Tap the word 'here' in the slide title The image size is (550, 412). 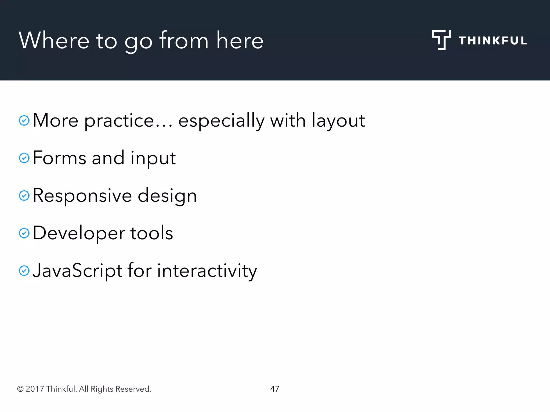click(x=240, y=41)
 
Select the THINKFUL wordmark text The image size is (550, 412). click(x=493, y=41)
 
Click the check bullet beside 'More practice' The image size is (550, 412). click(x=24, y=120)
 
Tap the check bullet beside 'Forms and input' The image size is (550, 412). click(x=24, y=158)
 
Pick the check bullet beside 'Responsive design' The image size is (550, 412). click(x=24, y=196)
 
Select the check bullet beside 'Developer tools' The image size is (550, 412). click(x=24, y=233)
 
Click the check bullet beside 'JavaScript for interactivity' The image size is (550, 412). click(x=24, y=271)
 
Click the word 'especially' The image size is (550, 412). click(x=221, y=121)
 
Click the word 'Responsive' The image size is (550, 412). click(x=82, y=196)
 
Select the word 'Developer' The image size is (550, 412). click(x=79, y=233)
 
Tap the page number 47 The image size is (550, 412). click(x=274, y=389)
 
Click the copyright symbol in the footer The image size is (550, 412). click(x=20, y=389)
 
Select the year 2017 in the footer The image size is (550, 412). click(x=35, y=389)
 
